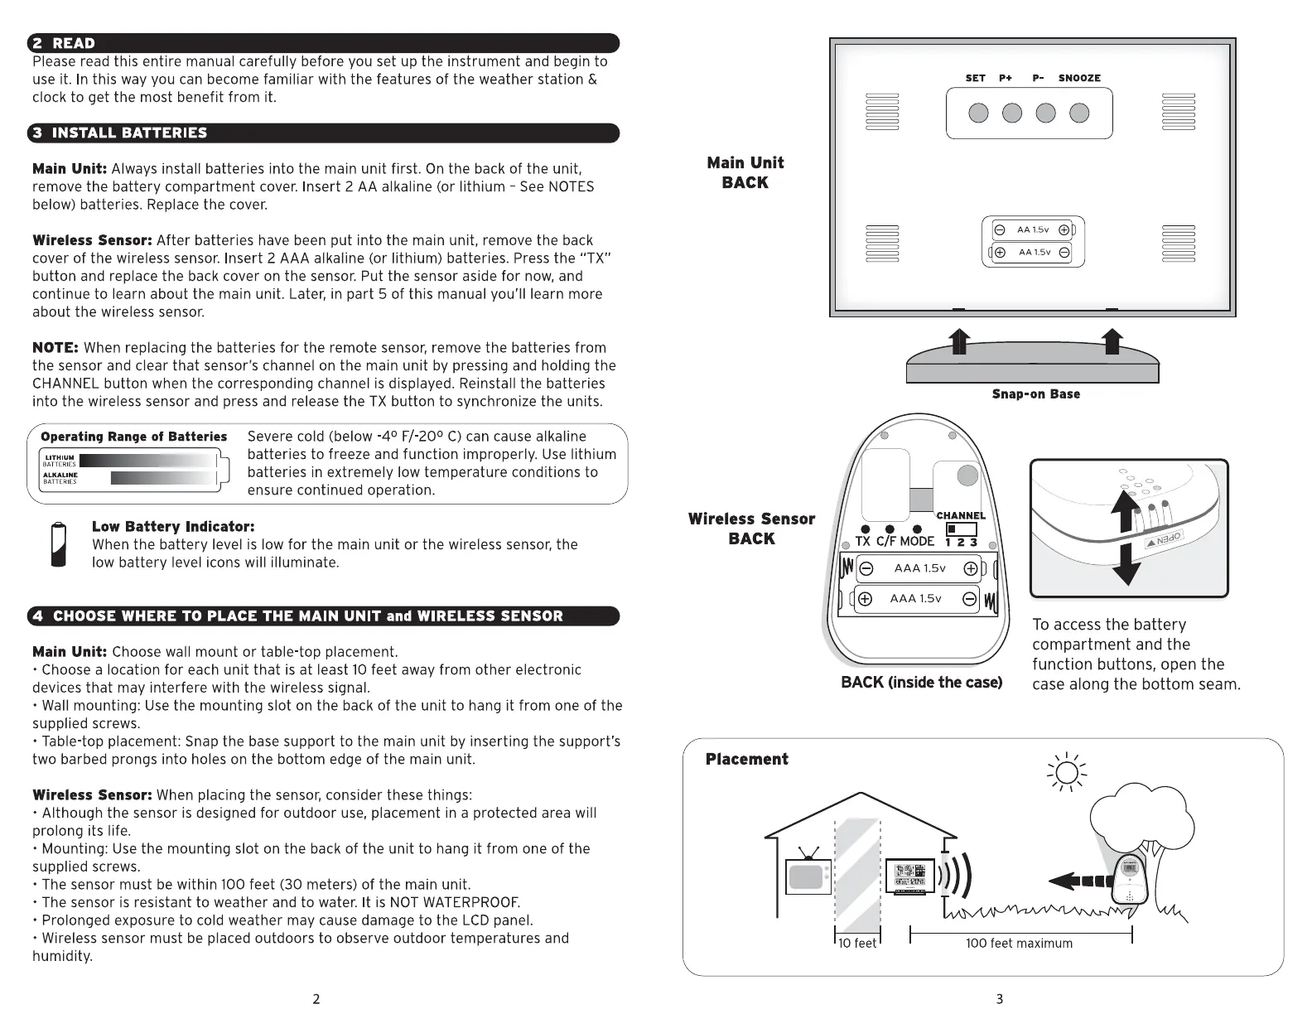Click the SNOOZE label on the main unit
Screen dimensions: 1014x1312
click(x=1079, y=78)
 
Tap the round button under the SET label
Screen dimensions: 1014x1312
click(x=978, y=113)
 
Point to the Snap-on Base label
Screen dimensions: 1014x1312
click(x=1035, y=394)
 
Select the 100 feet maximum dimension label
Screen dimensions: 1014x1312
click(x=1019, y=944)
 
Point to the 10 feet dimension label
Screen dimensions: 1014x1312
click(x=856, y=944)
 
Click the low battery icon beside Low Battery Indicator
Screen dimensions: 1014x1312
click(x=58, y=544)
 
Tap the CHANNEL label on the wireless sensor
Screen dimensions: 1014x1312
click(x=961, y=515)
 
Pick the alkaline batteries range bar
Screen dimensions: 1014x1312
click(x=162, y=478)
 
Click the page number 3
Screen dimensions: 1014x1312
click(x=999, y=999)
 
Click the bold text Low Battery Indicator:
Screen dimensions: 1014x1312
click(x=173, y=527)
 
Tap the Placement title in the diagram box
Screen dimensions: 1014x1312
click(x=746, y=759)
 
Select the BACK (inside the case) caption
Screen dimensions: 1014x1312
click(x=921, y=683)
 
